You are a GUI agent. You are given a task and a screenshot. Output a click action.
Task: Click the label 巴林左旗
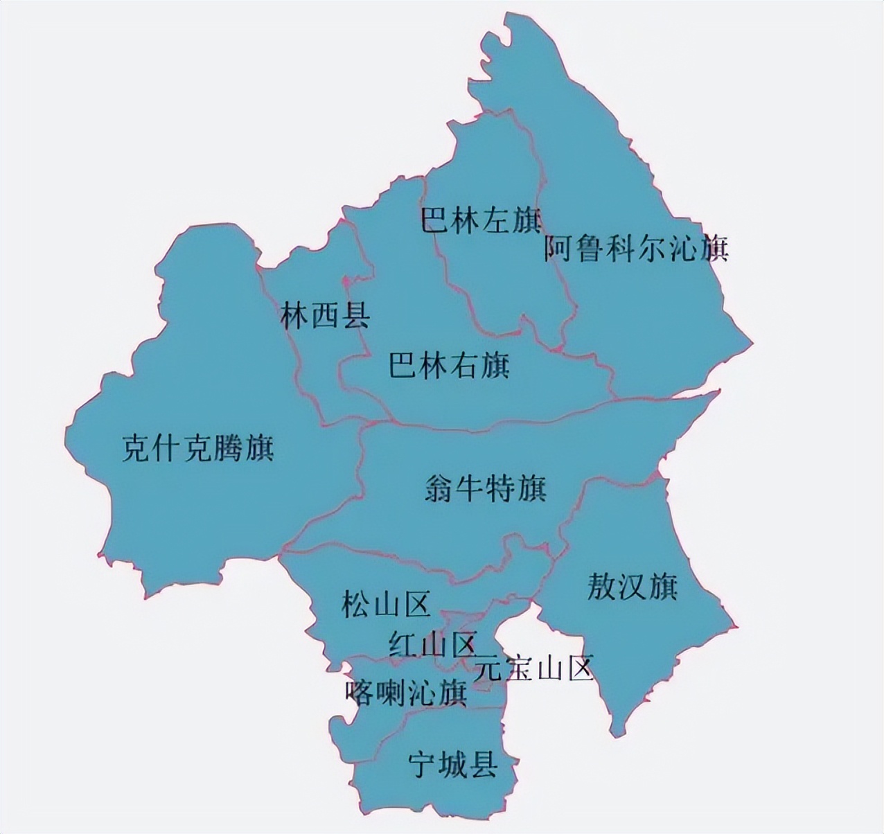(480, 221)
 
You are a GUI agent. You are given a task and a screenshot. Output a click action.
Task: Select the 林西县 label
(325, 317)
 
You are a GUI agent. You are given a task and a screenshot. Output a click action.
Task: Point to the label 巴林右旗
(449, 365)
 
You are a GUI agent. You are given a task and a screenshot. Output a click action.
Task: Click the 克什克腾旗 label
(198, 447)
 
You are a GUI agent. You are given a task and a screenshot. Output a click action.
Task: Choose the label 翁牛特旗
(486, 488)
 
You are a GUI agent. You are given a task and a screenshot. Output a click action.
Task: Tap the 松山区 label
(386, 604)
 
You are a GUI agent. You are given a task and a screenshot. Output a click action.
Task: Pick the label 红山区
(432, 645)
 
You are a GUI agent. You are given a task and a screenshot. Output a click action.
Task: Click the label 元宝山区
(533, 668)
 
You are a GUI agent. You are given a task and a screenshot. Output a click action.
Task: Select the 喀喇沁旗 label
(406, 692)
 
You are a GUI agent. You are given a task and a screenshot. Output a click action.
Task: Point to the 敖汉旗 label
(632, 587)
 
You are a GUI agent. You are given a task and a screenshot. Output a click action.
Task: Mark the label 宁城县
(453, 765)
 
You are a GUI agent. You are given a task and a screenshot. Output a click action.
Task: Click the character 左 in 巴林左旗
(496, 221)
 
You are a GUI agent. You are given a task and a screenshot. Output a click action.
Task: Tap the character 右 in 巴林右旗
(465, 365)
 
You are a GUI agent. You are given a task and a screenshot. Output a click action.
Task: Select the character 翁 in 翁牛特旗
(439, 488)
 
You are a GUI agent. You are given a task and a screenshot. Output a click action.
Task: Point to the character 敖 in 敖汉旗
(601, 587)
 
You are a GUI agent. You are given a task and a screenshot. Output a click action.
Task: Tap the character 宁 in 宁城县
(423, 765)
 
